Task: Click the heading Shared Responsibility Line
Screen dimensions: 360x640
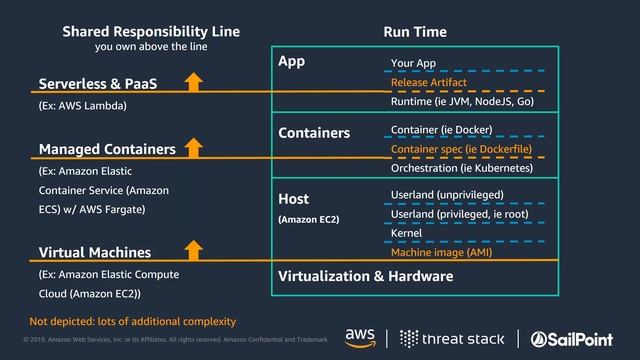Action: click(x=150, y=31)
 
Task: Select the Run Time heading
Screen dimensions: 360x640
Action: click(x=415, y=32)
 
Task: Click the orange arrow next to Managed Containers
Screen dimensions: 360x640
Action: click(x=194, y=148)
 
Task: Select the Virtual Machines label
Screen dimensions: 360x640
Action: click(x=95, y=253)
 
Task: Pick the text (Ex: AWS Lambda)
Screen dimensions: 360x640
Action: click(x=82, y=104)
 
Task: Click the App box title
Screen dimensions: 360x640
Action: click(x=291, y=62)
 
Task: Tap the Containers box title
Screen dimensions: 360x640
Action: click(x=314, y=132)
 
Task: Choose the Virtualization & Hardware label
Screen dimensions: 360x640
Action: click(x=366, y=276)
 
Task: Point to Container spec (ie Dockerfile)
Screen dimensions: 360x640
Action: click(x=461, y=149)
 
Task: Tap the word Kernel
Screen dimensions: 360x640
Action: click(x=407, y=233)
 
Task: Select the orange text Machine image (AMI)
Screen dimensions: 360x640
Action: click(x=441, y=253)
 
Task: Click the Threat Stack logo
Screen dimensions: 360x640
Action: click(x=458, y=336)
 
